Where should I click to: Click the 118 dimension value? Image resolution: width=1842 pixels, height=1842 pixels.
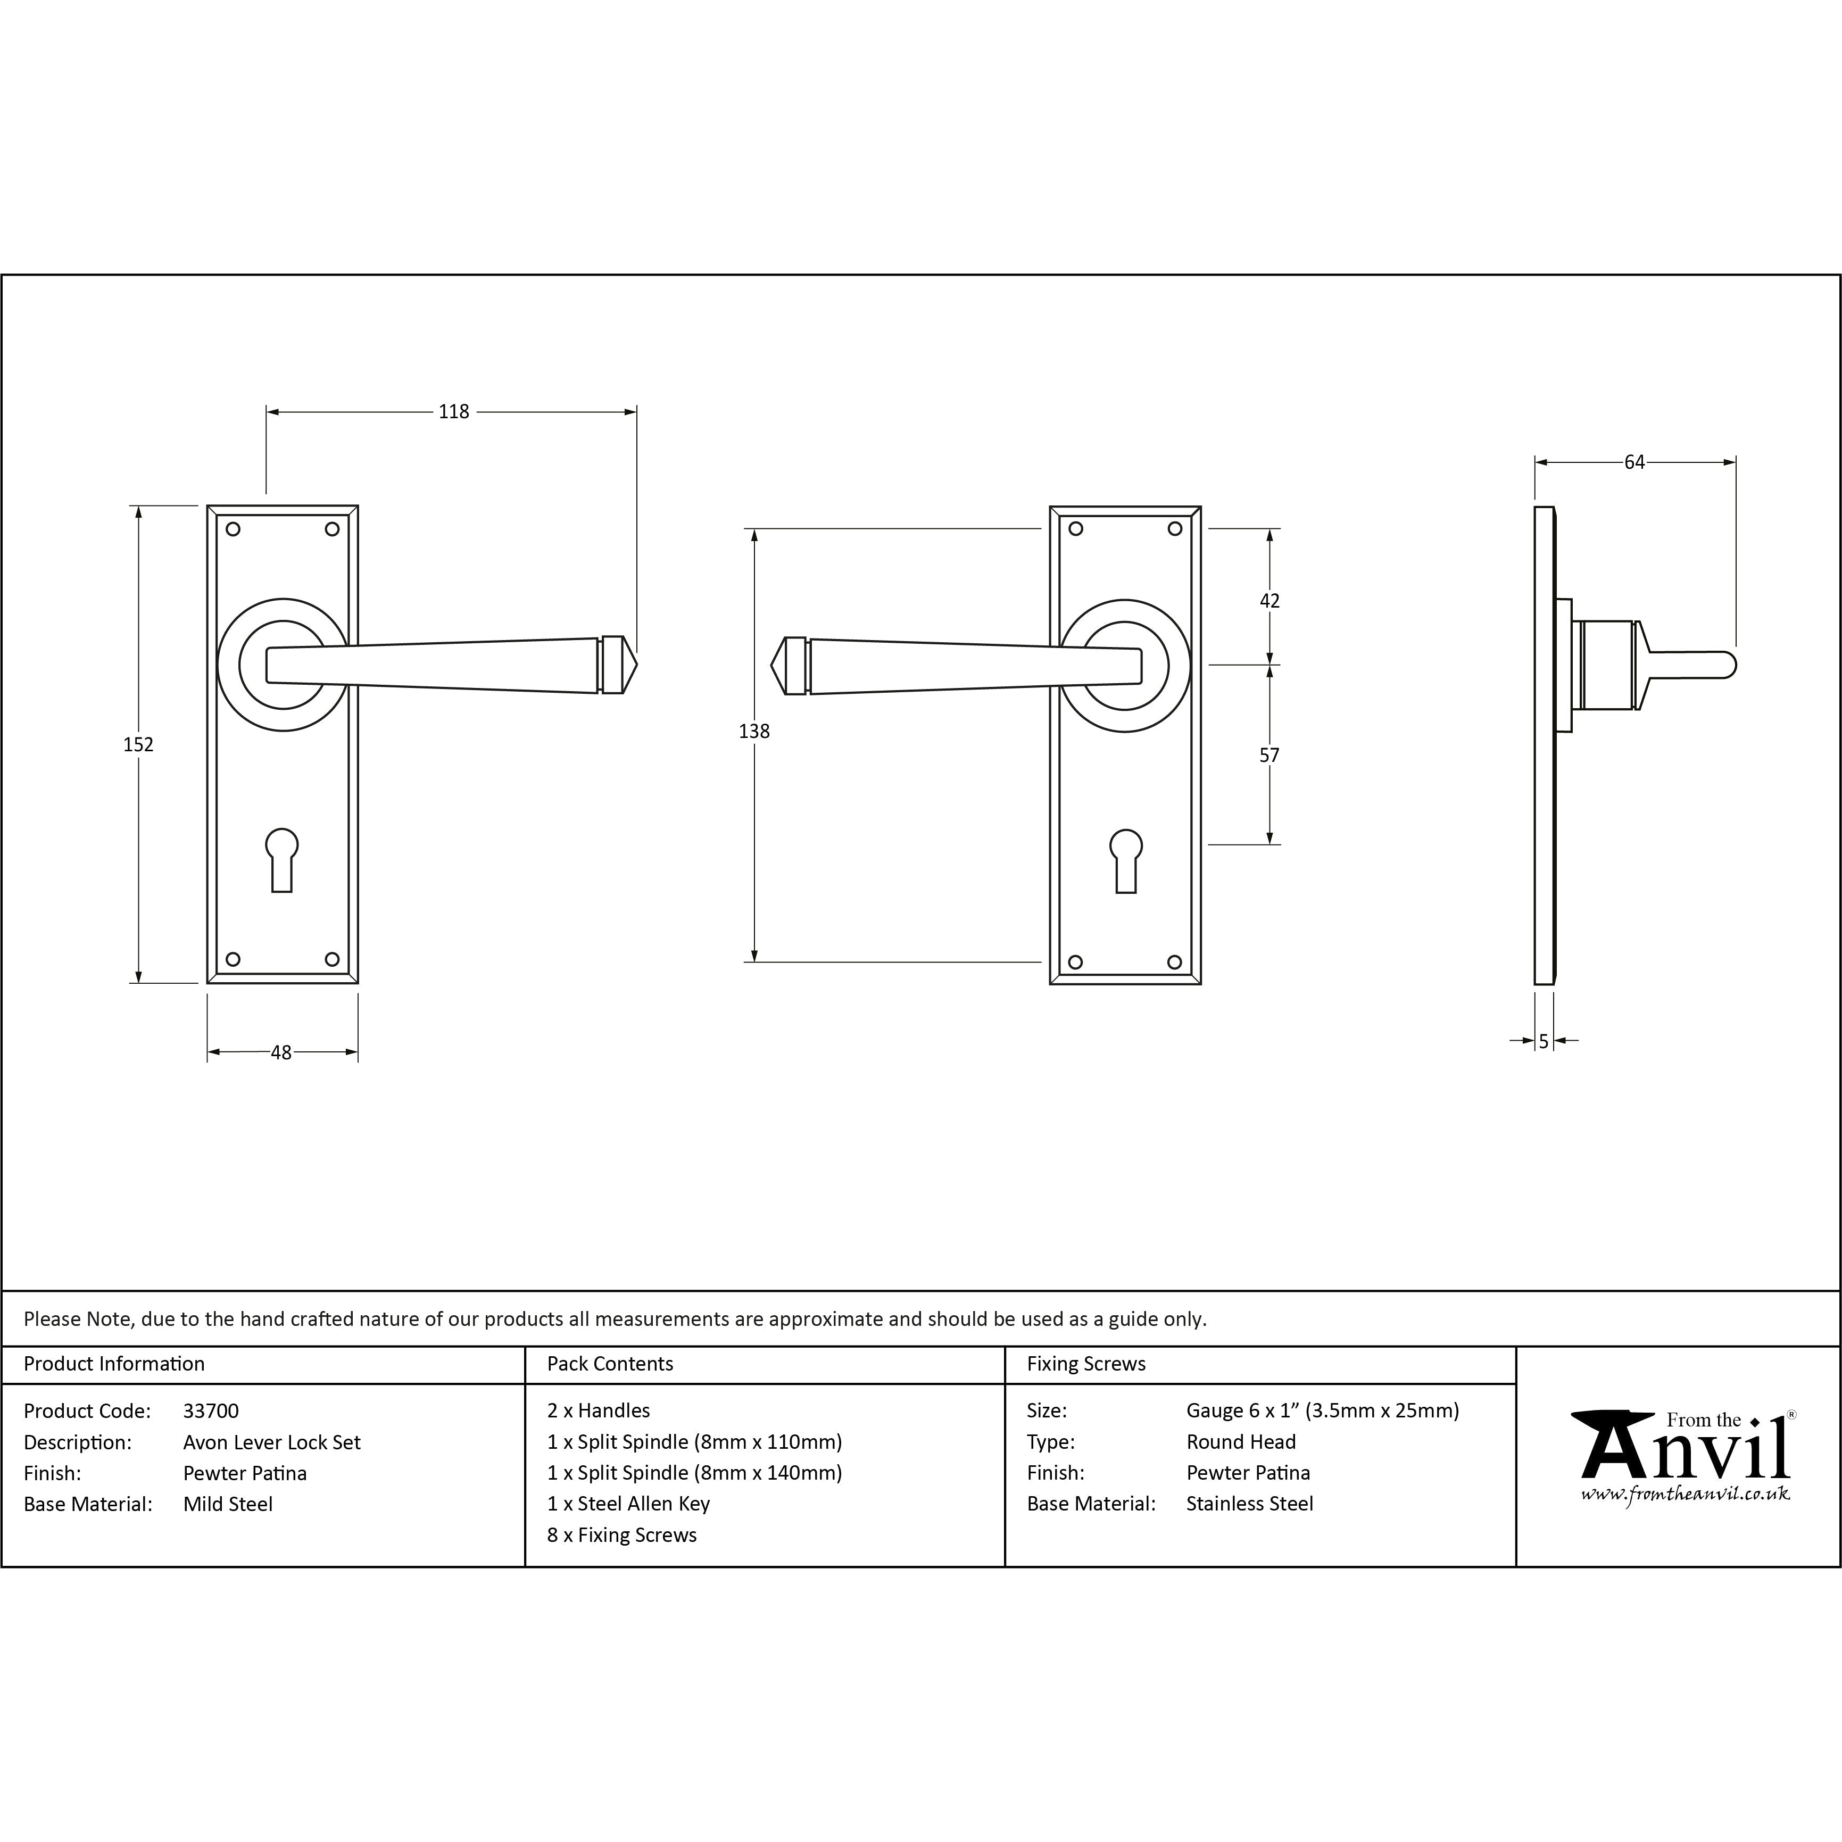(454, 412)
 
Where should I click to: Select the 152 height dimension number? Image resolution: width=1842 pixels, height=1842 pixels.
(138, 744)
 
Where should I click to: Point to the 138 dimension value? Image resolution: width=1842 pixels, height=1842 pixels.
(754, 731)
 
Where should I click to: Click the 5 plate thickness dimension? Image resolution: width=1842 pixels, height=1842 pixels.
(1544, 1042)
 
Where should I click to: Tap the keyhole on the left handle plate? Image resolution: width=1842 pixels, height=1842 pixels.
(282, 860)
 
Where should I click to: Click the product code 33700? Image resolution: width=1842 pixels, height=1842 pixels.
(211, 1411)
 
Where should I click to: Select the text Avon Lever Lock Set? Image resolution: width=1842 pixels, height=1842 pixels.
(272, 1442)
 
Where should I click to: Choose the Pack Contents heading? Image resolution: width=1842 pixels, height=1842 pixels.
(610, 1364)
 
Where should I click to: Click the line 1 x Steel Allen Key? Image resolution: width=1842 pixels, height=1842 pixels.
(628, 1505)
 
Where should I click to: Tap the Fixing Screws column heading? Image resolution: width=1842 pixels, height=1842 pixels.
(1086, 1364)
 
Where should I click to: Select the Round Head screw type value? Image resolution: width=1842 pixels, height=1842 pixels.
(1240, 1442)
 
